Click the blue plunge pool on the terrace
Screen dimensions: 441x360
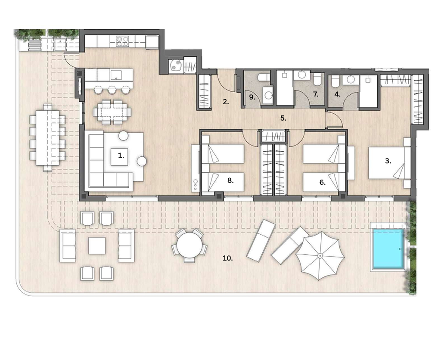388,248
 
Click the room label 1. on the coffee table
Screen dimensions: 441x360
121,155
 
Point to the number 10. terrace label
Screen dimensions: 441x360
227,258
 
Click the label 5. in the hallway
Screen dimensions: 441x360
283,118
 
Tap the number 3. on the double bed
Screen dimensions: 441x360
388,161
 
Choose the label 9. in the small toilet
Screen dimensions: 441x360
252,97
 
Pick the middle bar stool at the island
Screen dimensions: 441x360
112,90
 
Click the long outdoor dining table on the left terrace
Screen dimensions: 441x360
47,137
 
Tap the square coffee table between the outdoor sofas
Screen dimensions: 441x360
97,245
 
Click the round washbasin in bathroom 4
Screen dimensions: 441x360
351,80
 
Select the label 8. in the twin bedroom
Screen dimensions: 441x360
231,180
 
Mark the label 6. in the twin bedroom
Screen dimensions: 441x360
323,183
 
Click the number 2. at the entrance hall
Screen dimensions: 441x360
226,102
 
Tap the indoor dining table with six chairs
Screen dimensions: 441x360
112,112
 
